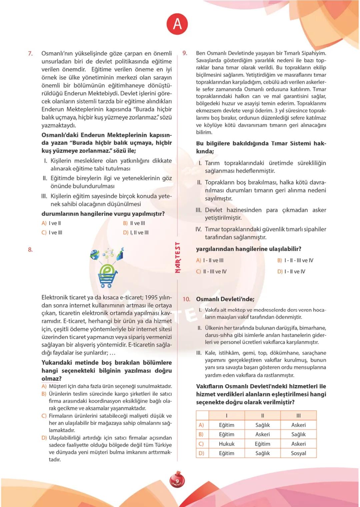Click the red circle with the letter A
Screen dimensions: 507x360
click(177, 24)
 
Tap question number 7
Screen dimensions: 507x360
click(30, 54)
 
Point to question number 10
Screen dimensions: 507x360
click(186, 299)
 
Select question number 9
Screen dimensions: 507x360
click(185, 53)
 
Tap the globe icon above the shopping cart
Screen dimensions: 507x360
click(95, 255)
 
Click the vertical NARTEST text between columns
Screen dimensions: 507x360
click(178, 257)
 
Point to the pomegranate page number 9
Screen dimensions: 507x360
click(177, 481)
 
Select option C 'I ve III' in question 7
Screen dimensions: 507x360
click(52, 233)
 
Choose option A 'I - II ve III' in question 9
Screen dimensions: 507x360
click(210, 260)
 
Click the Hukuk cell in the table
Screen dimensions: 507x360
click(227, 444)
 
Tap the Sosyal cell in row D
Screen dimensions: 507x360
click(298, 453)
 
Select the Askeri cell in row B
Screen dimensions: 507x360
click(262, 434)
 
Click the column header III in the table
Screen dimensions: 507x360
click(298, 415)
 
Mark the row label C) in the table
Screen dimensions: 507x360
click(201, 444)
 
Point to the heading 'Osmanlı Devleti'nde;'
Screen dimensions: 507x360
click(225, 299)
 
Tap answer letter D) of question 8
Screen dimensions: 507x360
click(44, 438)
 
